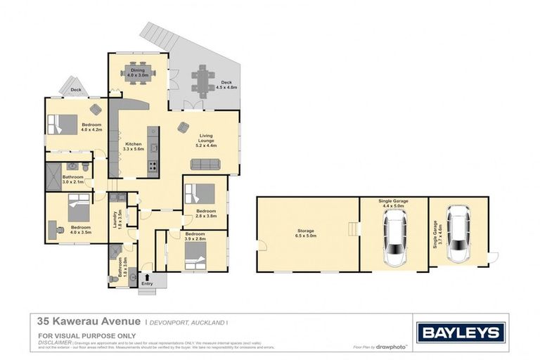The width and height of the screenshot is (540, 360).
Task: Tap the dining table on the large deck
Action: coord(204,82)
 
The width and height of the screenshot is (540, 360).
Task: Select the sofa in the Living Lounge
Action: coord(205,164)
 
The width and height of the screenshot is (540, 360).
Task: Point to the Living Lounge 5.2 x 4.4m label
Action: coord(207,141)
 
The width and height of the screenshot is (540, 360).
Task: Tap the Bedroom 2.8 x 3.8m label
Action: coord(206,214)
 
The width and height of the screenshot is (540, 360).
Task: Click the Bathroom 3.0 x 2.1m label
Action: coord(72,179)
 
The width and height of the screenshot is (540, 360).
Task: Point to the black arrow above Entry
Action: coord(148,276)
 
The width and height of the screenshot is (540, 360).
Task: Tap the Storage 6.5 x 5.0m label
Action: coord(304,233)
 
